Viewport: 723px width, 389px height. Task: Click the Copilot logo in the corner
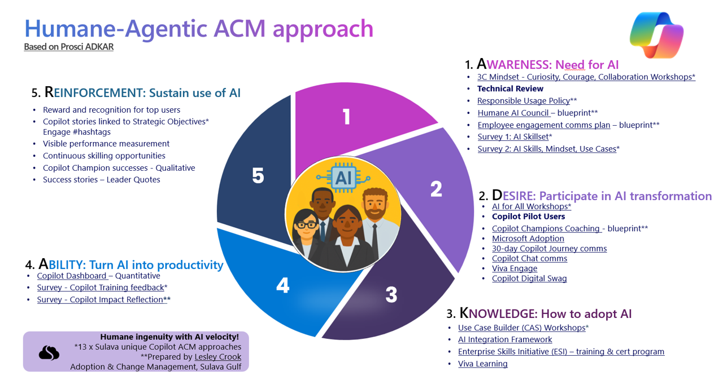656,35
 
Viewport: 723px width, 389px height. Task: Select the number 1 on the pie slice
346,117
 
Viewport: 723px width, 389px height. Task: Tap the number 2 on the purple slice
436,189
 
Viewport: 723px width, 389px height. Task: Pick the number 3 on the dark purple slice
391,294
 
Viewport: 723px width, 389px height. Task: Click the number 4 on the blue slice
282,285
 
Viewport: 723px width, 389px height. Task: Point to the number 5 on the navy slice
258,176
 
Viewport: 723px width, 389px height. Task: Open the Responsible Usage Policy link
523,101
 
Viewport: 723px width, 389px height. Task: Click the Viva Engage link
514,268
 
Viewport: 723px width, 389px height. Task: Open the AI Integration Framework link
505,339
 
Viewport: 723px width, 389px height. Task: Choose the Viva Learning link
482,364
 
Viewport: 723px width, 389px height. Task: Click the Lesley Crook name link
217,357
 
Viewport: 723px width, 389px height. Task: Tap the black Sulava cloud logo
49,352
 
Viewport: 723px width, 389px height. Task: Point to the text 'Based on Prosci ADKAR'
68,47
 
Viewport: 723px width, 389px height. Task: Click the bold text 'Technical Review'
510,89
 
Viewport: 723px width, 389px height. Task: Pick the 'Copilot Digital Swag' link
529,279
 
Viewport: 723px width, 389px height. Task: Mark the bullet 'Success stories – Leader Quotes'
101,180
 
